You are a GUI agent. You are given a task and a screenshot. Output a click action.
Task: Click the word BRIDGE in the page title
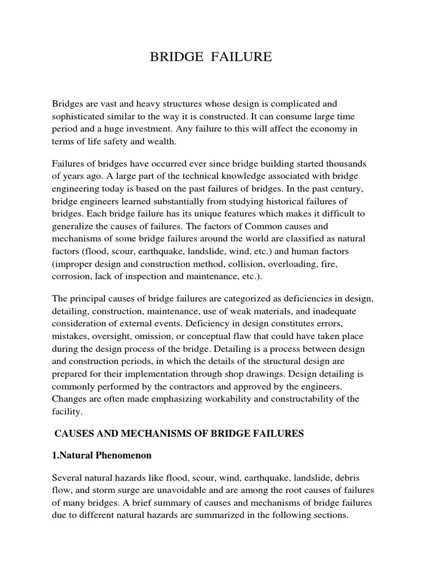173,57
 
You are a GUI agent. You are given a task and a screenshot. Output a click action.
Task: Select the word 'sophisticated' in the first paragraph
78,117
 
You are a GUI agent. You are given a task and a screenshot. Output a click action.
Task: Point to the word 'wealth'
160,142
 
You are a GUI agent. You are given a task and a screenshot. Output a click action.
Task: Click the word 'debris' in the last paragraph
361,478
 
